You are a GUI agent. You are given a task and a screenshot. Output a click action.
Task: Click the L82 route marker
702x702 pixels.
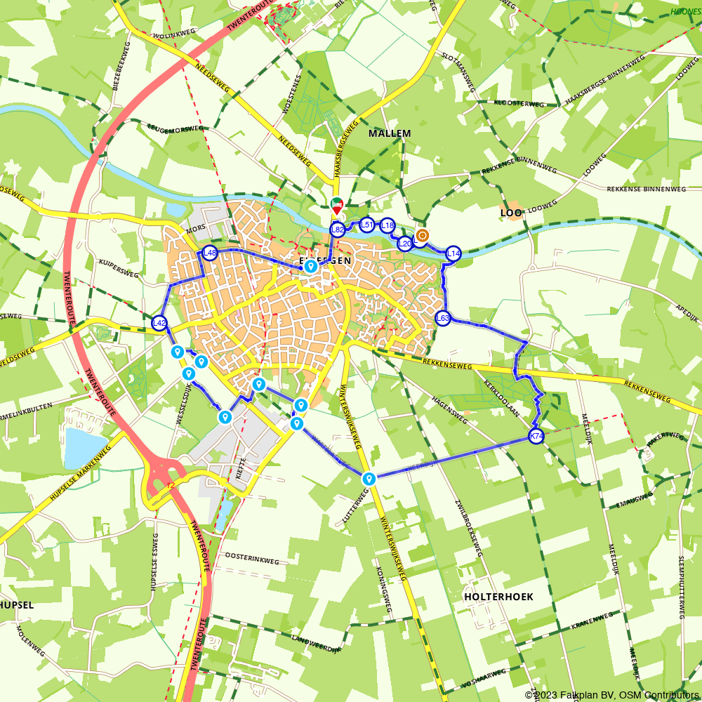click(338, 230)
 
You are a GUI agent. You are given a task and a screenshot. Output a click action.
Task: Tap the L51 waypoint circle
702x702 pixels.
click(366, 225)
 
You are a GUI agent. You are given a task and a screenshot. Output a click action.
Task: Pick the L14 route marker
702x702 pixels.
click(453, 253)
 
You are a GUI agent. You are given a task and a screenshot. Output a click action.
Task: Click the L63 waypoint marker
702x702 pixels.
click(442, 318)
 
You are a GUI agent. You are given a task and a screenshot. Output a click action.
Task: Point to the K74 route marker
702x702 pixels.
click(536, 437)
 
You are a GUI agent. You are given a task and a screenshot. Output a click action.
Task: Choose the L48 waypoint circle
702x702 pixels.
click(209, 253)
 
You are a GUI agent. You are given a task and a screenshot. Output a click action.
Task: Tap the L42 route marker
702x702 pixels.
click(160, 323)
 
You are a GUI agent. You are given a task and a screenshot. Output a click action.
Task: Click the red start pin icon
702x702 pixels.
click(337, 206)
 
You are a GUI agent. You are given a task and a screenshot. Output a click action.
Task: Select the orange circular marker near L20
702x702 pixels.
click(422, 235)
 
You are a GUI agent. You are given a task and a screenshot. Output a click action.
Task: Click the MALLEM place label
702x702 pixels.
click(390, 133)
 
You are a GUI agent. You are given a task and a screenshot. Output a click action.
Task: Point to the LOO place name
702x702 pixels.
click(510, 212)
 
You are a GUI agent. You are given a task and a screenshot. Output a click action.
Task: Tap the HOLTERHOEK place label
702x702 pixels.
click(498, 597)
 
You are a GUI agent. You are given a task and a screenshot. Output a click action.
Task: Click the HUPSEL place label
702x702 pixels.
click(17, 604)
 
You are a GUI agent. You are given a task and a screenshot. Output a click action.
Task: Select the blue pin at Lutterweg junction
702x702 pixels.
click(369, 479)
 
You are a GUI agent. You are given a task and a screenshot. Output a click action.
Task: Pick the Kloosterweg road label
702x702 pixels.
click(519, 103)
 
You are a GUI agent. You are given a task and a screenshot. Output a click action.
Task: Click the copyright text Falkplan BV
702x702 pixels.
click(590, 694)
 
